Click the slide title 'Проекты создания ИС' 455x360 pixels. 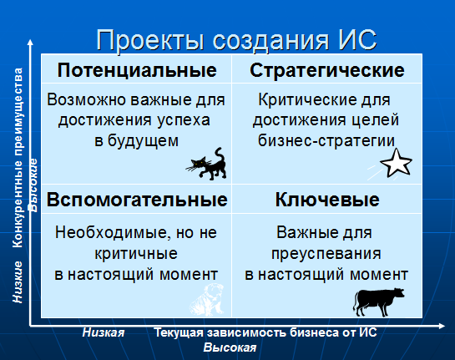click(236, 40)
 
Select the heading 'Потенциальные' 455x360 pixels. click(137, 70)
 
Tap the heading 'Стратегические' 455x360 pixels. click(327, 70)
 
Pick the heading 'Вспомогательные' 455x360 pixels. click(137, 200)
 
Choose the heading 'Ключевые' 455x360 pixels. click(327, 200)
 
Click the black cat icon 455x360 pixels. click(207, 165)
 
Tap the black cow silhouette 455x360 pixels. click(379, 302)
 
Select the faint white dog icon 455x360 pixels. click(207, 300)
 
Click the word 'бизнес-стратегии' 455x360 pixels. click(326, 141)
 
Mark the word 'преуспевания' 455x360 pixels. click(326, 254)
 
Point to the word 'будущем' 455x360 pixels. click(143, 141)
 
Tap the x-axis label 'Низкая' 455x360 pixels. click(104, 332)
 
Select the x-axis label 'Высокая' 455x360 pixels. click(230, 347)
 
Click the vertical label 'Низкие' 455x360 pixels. click(18, 282)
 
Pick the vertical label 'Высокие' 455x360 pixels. click(33, 185)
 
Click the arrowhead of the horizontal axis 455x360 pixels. click(442, 327)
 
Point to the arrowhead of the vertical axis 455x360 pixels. click(30, 43)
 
